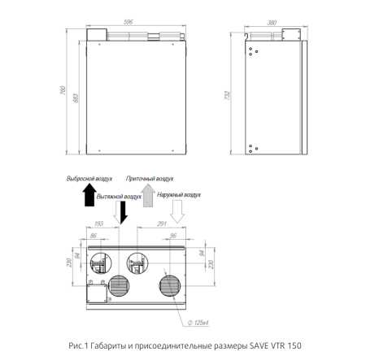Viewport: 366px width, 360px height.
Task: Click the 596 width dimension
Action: point(129,22)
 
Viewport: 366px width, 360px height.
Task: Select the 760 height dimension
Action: point(63,90)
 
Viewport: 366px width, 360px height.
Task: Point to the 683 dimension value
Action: point(76,98)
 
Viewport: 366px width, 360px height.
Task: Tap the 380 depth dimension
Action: point(272,23)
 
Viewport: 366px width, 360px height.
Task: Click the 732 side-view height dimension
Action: point(227,95)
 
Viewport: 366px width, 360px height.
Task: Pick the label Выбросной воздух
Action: point(89,179)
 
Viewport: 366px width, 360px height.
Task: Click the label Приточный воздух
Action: point(150,179)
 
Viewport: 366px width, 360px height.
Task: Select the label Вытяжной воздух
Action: point(119,197)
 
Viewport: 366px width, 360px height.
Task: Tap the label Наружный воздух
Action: point(179,195)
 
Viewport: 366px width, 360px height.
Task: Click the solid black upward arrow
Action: point(89,195)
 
